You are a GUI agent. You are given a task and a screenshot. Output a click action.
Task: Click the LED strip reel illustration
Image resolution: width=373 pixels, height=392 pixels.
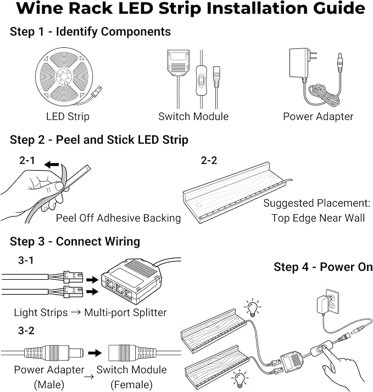point(64,77)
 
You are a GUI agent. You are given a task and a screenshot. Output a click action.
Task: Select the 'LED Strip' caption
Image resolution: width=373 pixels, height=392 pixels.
point(68,117)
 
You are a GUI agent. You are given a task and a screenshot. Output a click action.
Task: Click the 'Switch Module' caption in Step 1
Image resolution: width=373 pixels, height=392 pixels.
point(193,117)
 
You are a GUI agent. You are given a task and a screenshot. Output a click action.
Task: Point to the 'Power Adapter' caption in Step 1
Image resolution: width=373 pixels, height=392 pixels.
point(318,117)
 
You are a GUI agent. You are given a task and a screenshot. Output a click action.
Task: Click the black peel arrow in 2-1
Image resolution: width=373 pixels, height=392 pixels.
point(52,165)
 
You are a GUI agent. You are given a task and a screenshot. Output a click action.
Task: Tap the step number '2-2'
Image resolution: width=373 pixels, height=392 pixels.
point(209,160)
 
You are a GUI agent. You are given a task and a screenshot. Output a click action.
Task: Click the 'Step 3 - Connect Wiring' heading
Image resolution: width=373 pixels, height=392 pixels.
point(75,242)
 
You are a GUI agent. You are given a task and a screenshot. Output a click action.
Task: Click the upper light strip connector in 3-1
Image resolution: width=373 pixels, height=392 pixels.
point(73,277)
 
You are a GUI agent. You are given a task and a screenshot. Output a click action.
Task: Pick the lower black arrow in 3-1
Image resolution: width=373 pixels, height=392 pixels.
point(92,291)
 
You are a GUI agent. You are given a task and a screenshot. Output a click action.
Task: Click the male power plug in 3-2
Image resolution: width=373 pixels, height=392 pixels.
point(54,353)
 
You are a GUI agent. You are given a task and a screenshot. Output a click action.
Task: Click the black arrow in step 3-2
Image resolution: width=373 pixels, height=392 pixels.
point(95,353)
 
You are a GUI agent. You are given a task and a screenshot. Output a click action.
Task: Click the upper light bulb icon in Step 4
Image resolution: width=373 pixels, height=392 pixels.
point(253,307)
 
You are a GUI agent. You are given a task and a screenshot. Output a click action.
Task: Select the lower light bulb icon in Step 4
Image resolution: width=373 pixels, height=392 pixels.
point(240,378)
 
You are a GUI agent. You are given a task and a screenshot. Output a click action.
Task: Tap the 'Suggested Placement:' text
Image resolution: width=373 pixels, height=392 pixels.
point(316,203)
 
